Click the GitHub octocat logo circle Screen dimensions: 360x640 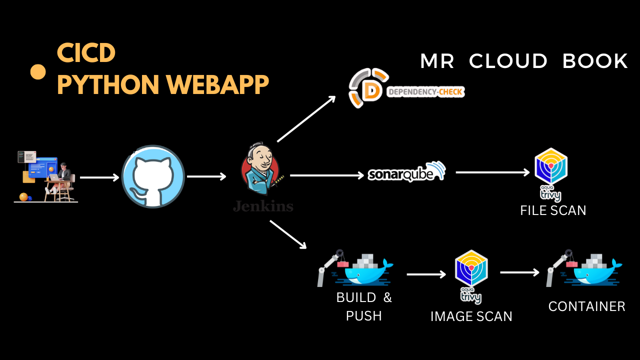pyautogui.click(x=153, y=176)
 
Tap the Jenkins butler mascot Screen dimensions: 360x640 pyautogui.click(x=261, y=170)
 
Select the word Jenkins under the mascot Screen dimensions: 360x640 pyautogui.click(x=263, y=206)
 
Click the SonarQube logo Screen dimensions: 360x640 pyautogui.click(x=406, y=172)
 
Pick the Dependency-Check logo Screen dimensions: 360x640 pyautogui.click(x=406, y=89)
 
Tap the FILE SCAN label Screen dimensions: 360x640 pyautogui.click(x=553, y=210)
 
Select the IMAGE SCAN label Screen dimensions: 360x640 pyautogui.click(x=471, y=316)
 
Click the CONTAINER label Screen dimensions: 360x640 pyautogui.click(x=586, y=306)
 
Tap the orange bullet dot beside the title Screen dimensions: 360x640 pyautogui.click(x=38, y=71)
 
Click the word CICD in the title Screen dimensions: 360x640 pyautogui.click(x=86, y=53)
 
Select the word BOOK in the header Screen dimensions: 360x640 pyautogui.click(x=595, y=61)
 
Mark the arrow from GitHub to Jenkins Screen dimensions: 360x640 pyautogui.click(x=206, y=176)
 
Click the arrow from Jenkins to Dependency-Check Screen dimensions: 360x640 pyautogui.click(x=306, y=119)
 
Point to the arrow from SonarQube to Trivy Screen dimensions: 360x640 pyautogui.click(x=492, y=172)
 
